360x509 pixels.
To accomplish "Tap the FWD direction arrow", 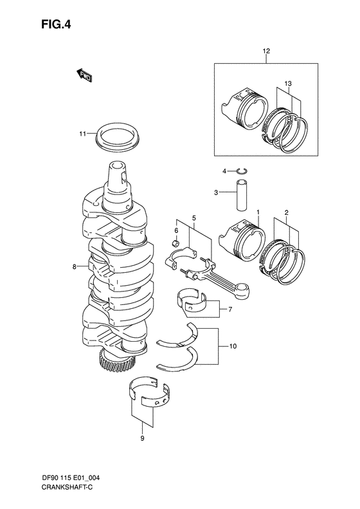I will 84,76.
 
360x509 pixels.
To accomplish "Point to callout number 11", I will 83,134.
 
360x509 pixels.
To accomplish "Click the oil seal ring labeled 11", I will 118,137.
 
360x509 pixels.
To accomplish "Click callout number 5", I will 192,218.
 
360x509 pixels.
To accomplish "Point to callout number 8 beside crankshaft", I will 75,266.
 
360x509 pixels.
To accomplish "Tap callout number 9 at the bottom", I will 142,440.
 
